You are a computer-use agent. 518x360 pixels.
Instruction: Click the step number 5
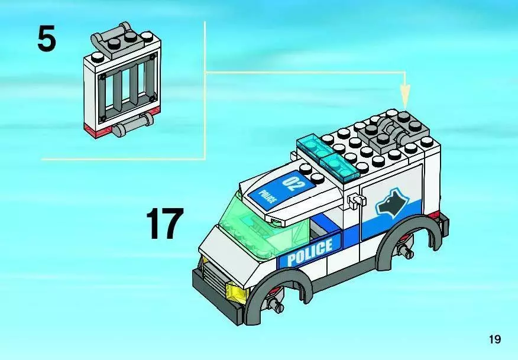click(47, 40)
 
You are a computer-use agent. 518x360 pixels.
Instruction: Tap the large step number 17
click(165, 223)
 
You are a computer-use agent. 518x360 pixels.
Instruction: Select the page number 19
click(495, 339)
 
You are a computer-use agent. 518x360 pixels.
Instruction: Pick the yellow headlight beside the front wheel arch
click(235, 291)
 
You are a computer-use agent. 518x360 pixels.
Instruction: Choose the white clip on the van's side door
click(355, 203)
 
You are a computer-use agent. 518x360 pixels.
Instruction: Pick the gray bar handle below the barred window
click(132, 125)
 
